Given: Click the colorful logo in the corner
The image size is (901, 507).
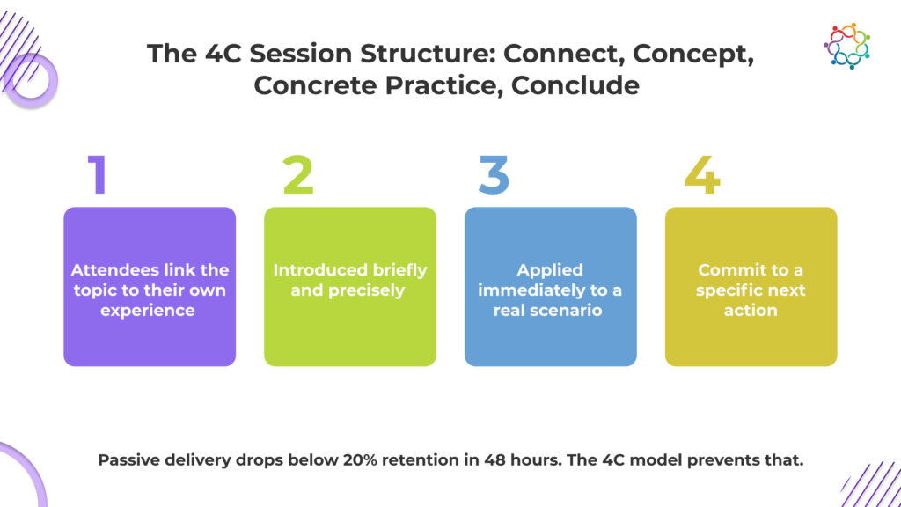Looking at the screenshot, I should [x=846, y=45].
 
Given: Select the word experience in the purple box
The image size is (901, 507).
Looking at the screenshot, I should [x=149, y=310].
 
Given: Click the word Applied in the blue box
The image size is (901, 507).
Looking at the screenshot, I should [x=550, y=269].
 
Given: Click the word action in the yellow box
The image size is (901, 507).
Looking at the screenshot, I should [x=751, y=310].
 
